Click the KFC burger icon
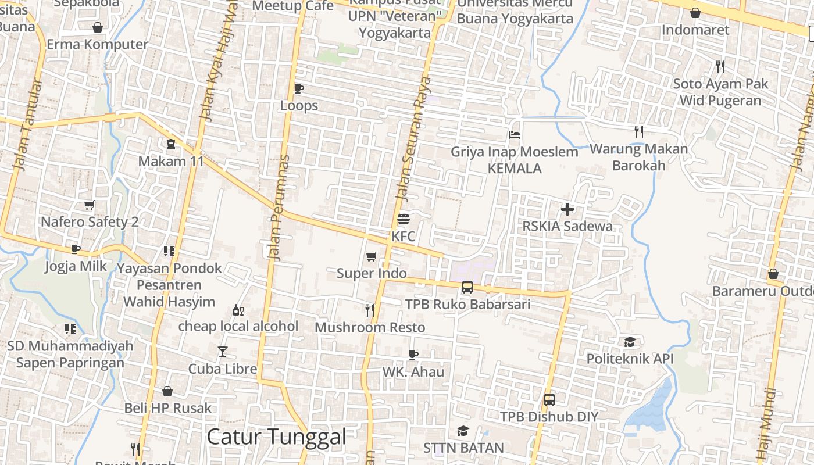[404, 220]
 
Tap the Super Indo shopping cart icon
[372, 256]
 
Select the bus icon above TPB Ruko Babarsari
[467, 287]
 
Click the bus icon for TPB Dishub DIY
[549, 400]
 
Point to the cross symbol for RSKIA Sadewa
[567, 209]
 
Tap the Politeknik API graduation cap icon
[630, 342]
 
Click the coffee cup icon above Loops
[299, 88]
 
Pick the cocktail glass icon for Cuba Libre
[223, 351]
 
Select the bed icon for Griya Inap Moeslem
[515, 135]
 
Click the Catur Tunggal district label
[276, 437]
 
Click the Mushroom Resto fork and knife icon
[370, 310]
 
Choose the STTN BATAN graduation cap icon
[463, 431]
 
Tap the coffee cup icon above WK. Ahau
[413, 354]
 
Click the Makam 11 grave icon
[171, 144]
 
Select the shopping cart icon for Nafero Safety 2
[90, 205]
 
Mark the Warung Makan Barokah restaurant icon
[639, 132]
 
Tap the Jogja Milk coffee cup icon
[76, 249]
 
